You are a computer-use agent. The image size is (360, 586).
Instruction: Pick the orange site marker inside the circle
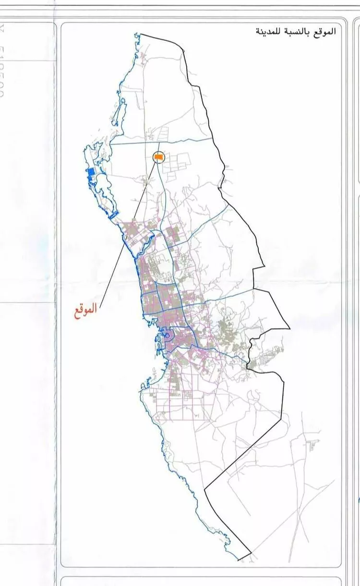click(158, 157)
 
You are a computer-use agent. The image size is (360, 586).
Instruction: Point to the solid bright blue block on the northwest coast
click(91, 173)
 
